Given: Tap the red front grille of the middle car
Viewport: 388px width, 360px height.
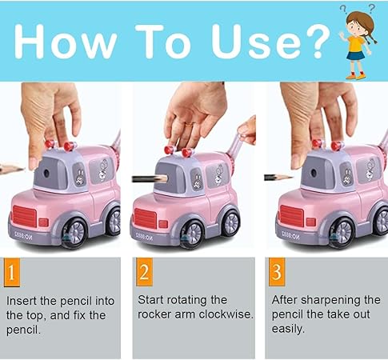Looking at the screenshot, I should click(x=153, y=218).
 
